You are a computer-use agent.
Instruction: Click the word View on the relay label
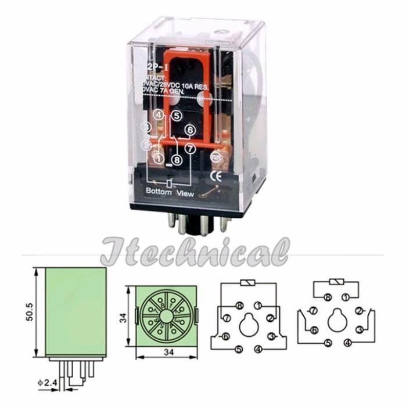(x=185, y=193)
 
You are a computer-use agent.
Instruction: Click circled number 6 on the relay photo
(x=189, y=130)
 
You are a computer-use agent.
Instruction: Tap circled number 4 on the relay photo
(x=157, y=115)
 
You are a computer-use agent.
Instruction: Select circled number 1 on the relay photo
(x=157, y=157)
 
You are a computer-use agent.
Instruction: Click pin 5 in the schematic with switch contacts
(x=328, y=343)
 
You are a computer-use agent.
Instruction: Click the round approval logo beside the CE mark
(x=214, y=156)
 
